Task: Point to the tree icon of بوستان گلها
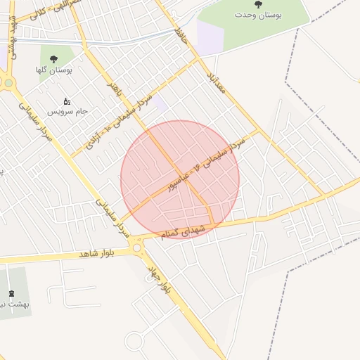pos(53,60)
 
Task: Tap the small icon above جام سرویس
pos(67,101)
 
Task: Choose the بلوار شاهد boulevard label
pos(96,252)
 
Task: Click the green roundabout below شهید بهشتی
pos(8,82)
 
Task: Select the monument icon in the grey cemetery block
pos(11,293)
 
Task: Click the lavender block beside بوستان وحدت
pos(210,35)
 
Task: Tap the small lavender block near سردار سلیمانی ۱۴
pos(160,104)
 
